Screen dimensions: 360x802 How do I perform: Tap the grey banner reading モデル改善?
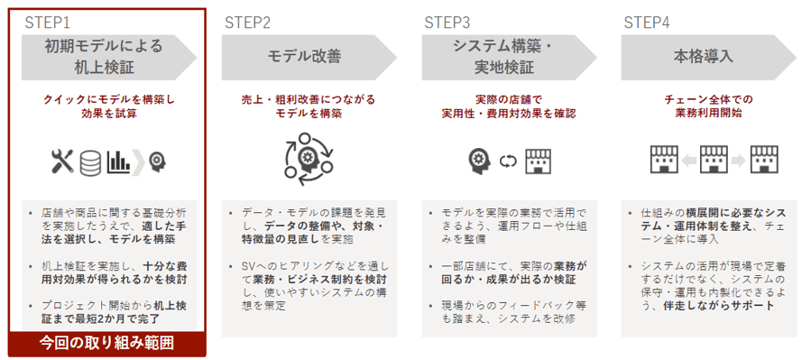(303, 57)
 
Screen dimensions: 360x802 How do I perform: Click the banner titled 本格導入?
(702, 57)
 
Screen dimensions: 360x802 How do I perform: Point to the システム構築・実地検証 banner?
(502, 57)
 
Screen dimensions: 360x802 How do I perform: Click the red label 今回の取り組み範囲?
(106, 343)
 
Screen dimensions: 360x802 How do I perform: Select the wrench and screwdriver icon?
(62, 162)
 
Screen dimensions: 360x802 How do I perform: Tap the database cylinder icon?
(89, 162)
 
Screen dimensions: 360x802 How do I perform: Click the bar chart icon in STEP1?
(117, 162)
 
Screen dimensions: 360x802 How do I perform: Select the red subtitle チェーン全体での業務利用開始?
(702, 106)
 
